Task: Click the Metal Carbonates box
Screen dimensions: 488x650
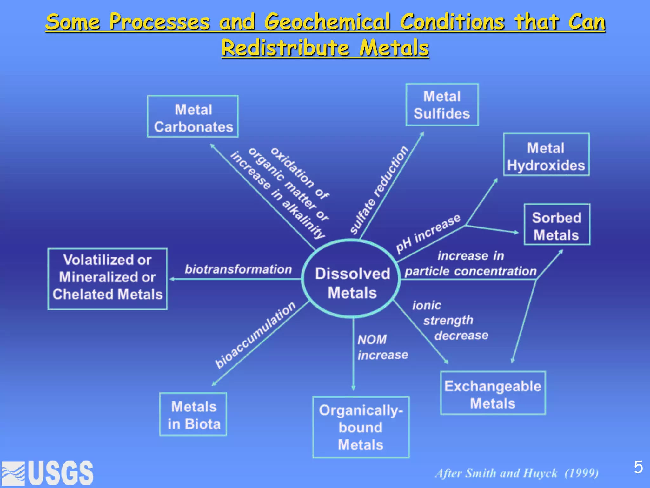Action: click(x=193, y=117)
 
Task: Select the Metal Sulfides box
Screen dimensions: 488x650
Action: click(x=442, y=105)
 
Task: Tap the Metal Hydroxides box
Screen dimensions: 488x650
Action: click(x=546, y=155)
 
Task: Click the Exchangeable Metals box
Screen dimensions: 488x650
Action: click(x=493, y=393)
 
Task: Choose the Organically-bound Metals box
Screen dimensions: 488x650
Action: click(x=361, y=427)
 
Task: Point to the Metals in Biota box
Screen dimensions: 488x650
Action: click(x=193, y=414)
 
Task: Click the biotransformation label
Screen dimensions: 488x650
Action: click(x=238, y=269)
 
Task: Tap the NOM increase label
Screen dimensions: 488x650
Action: click(x=382, y=347)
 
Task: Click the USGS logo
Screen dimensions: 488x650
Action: click(x=48, y=473)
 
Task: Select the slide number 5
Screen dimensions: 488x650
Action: click(x=638, y=467)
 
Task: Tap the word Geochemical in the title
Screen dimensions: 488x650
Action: click(x=327, y=22)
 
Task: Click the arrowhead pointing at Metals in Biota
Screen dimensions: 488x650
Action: click(x=214, y=384)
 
